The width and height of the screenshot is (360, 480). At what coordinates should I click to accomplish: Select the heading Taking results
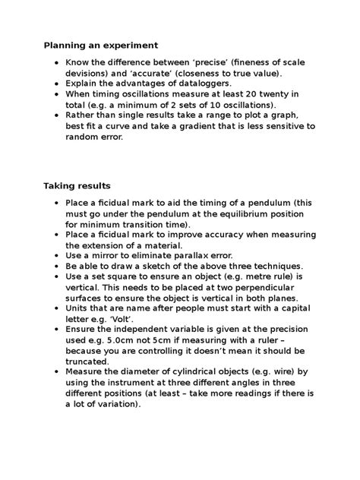coord(77,185)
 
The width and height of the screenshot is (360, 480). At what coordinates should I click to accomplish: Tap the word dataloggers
coord(212,83)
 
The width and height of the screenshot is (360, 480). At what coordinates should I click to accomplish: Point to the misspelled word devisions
coord(89,72)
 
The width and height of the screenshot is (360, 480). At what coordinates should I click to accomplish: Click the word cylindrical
coord(201,373)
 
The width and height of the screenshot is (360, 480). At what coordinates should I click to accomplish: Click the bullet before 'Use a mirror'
coord(56,256)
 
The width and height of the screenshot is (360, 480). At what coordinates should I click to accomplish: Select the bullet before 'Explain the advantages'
coord(56,83)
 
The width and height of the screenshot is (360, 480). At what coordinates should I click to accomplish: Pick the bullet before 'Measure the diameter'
coord(56,373)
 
